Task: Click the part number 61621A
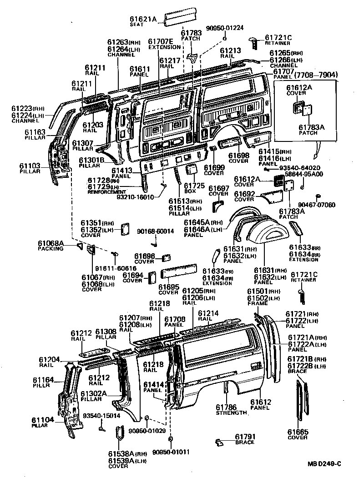point(142,19)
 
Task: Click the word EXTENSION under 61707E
point(164,47)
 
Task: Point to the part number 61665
point(298,432)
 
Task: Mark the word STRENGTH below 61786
point(231,413)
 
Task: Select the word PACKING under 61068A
point(51,249)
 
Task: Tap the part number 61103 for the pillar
point(30,166)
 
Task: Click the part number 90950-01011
point(171,452)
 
